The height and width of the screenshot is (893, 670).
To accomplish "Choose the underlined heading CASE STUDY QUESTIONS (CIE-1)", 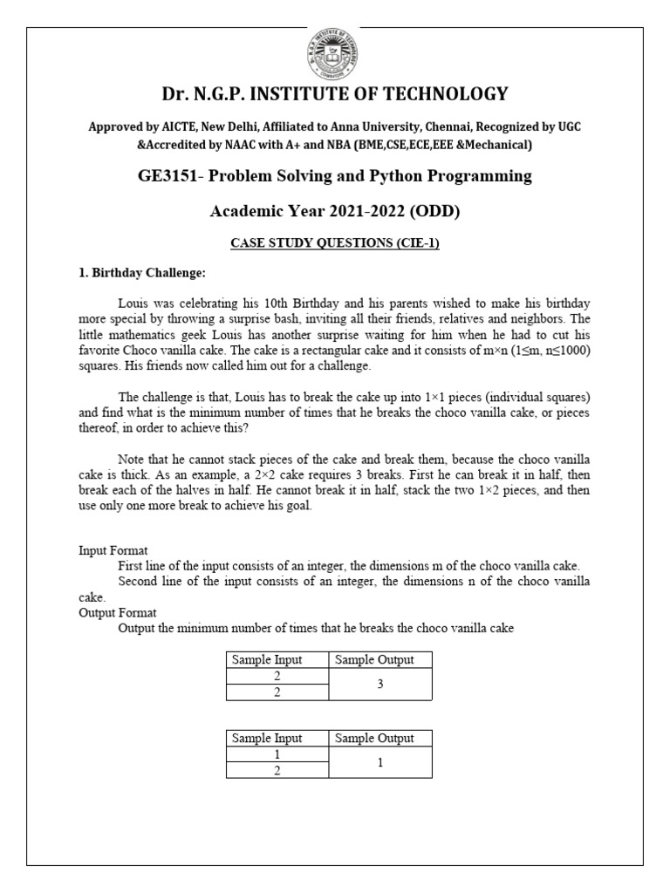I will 334,243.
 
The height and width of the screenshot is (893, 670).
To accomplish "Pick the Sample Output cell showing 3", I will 379,685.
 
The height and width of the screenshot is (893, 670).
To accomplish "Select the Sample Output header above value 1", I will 379,739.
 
